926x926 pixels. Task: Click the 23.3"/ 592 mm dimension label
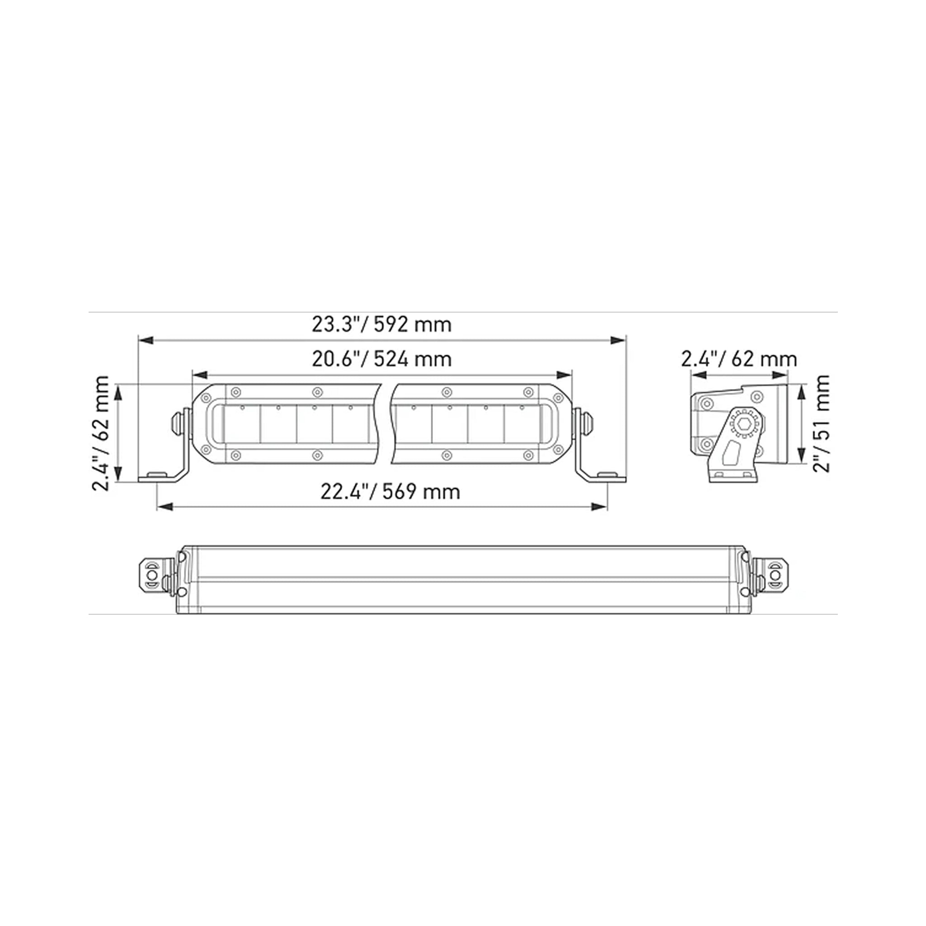(x=381, y=324)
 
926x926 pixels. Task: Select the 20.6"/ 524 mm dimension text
(x=381, y=359)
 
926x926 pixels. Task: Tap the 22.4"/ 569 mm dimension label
(x=390, y=492)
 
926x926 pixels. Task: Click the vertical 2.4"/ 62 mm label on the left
(x=101, y=434)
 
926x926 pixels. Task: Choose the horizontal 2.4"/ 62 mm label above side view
(x=739, y=359)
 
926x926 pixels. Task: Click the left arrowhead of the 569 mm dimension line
(x=165, y=507)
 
